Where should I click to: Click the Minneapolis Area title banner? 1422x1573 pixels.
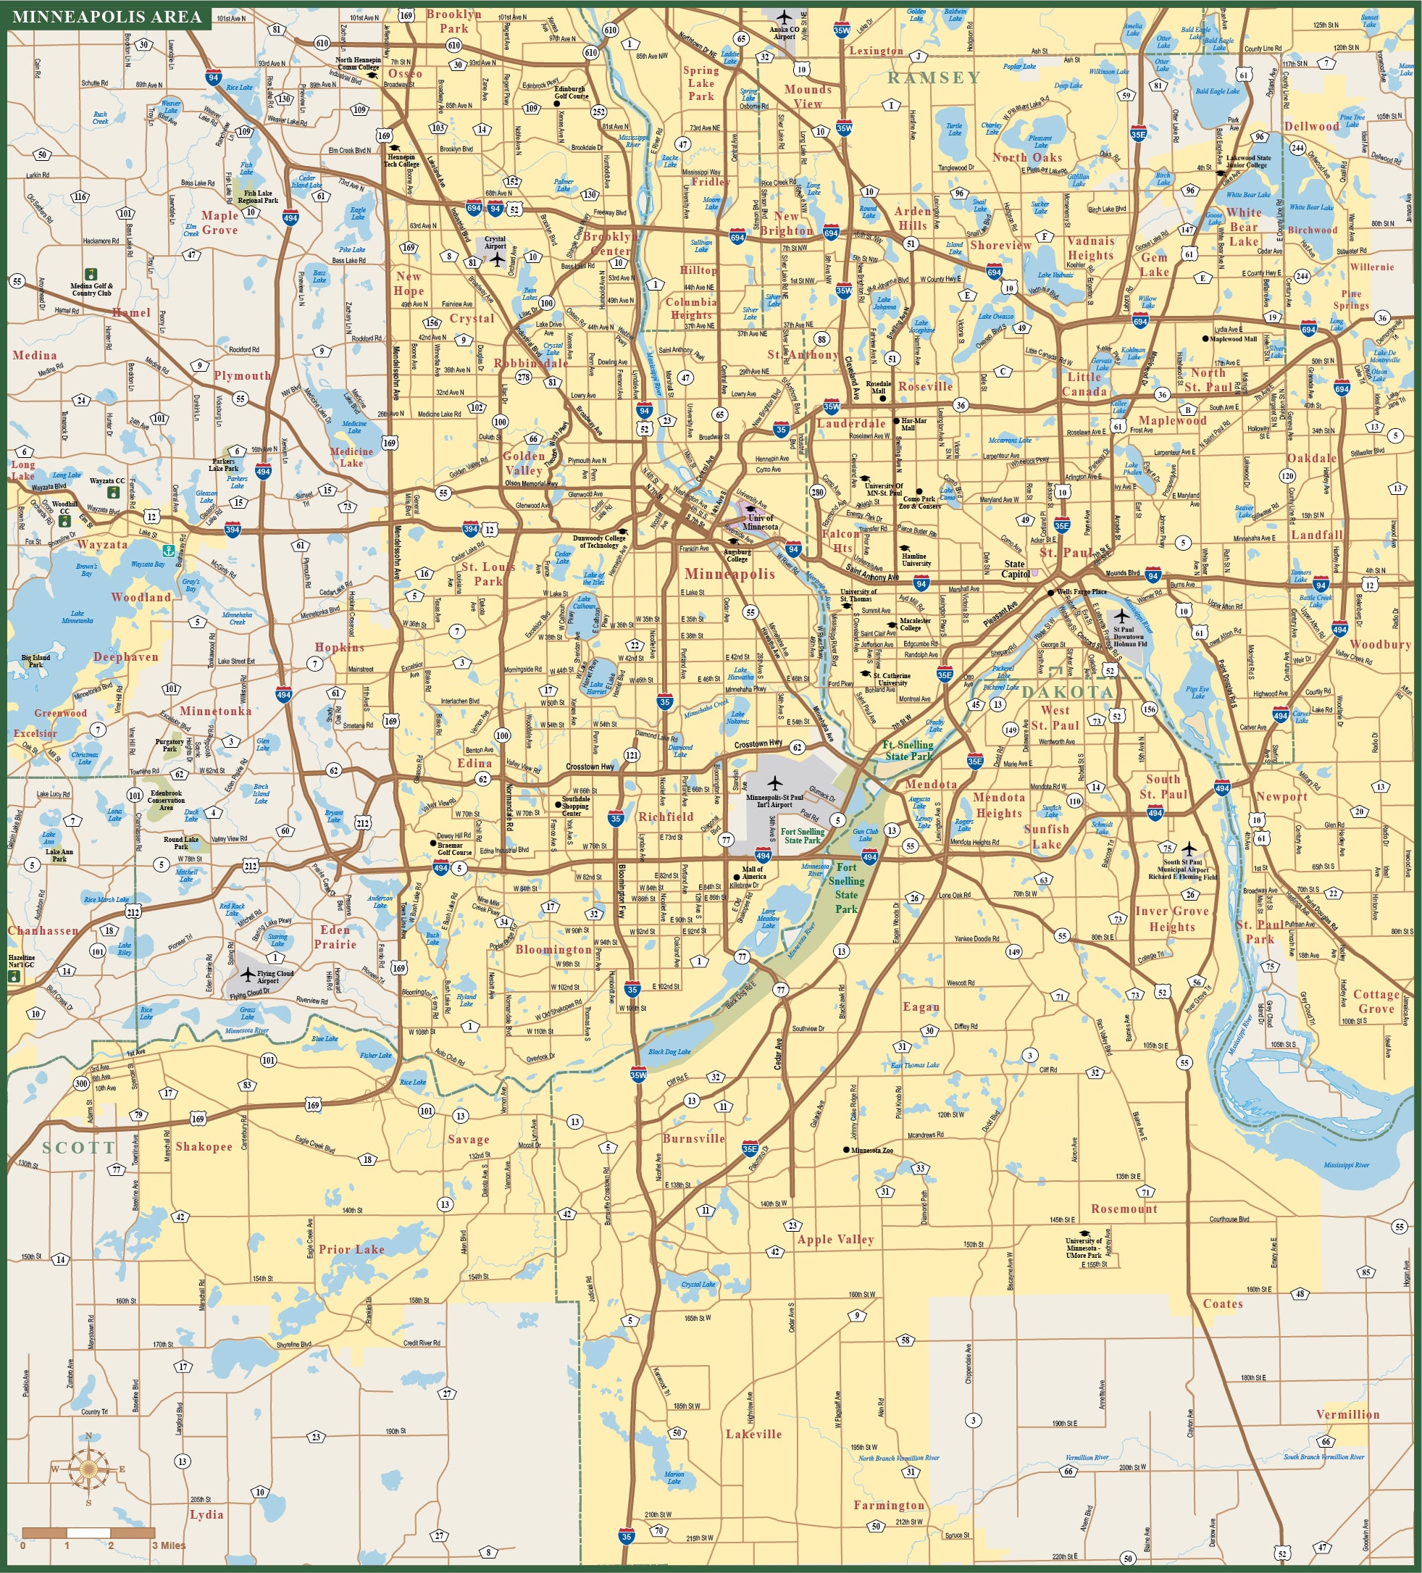pyautogui.click(x=107, y=17)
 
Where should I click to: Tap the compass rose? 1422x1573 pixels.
pyautogui.click(x=88, y=1469)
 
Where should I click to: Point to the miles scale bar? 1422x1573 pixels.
pyautogui.click(x=88, y=1532)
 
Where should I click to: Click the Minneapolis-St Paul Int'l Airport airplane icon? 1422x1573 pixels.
pyautogui.click(x=774, y=783)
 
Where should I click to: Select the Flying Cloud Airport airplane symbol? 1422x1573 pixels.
pyautogui.click(x=247, y=974)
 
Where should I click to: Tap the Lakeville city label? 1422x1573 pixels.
pyautogui.click(x=753, y=1434)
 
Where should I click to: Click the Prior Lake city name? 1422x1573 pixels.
pyautogui.click(x=351, y=1249)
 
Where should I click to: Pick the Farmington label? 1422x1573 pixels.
pyautogui.click(x=888, y=1505)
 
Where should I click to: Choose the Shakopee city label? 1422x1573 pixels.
pyautogui.click(x=204, y=1146)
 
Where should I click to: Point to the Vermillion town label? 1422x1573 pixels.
pyautogui.click(x=1347, y=1414)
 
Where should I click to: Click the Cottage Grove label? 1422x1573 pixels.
pyautogui.click(x=1376, y=1001)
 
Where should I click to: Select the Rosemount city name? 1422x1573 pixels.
pyautogui.click(x=1124, y=1209)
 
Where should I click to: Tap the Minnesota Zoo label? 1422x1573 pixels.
pyautogui.click(x=872, y=1150)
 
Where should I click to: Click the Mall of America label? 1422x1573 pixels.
pyautogui.click(x=753, y=872)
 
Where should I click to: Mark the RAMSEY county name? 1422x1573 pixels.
pyautogui.click(x=934, y=78)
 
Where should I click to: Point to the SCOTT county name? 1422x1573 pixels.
pyautogui.click(x=79, y=1148)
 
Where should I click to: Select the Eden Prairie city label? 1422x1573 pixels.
pyautogui.click(x=335, y=936)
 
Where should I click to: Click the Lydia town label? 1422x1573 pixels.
pyautogui.click(x=206, y=1514)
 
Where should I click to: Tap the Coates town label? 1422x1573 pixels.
pyautogui.click(x=1222, y=1303)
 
